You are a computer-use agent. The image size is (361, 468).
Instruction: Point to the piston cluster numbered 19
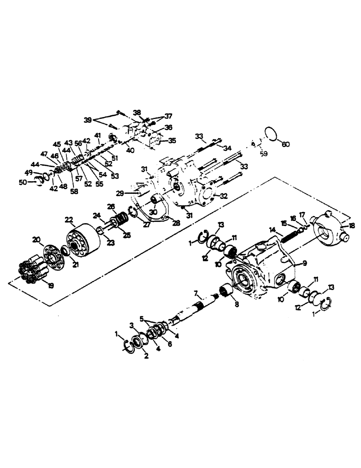33,271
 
